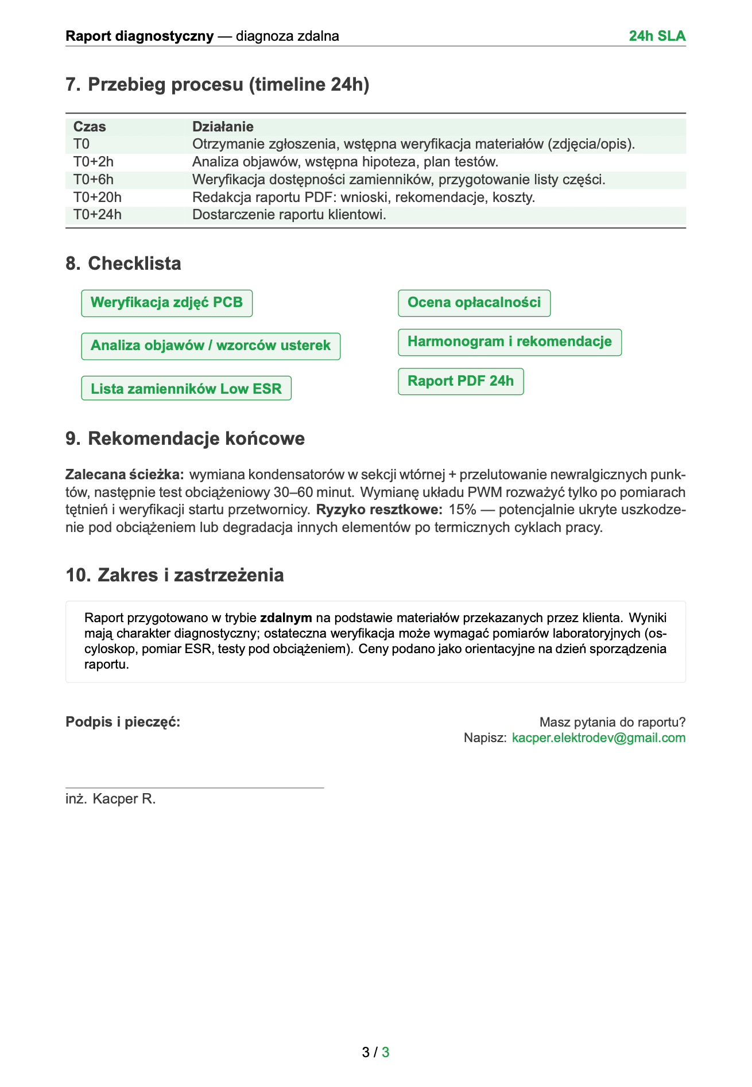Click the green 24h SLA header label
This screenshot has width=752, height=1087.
(x=657, y=36)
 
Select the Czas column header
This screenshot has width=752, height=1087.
(x=90, y=126)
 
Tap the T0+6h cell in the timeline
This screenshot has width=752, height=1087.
(x=94, y=180)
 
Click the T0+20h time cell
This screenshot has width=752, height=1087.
(x=98, y=197)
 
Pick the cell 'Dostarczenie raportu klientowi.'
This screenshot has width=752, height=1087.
(x=289, y=215)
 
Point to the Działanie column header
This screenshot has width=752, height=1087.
(x=223, y=126)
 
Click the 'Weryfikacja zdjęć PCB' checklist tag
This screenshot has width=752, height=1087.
(x=166, y=302)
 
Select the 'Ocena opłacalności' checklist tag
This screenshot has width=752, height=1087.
(x=474, y=302)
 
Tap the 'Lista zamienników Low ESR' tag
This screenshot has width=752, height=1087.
(x=186, y=389)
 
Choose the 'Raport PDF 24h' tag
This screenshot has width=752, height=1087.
(x=460, y=381)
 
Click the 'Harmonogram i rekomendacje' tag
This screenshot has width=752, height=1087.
(x=509, y=341)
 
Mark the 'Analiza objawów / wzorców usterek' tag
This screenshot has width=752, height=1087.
(x=211, y=345)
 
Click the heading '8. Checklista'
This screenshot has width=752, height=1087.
(x=123, y=263)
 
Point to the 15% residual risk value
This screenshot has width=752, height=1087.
(x=462, y=510)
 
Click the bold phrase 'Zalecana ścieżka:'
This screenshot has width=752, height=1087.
(x=125, y=475)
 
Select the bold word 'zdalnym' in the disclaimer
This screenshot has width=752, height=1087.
(x=286, y=618)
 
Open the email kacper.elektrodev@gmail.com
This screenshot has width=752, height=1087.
(x=598, y=737)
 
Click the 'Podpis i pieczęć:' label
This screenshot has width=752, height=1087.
(x=123, y=722)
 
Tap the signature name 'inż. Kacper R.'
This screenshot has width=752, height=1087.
(x=111, y=799)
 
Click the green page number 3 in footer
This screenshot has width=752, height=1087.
(x=386, y=1052)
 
